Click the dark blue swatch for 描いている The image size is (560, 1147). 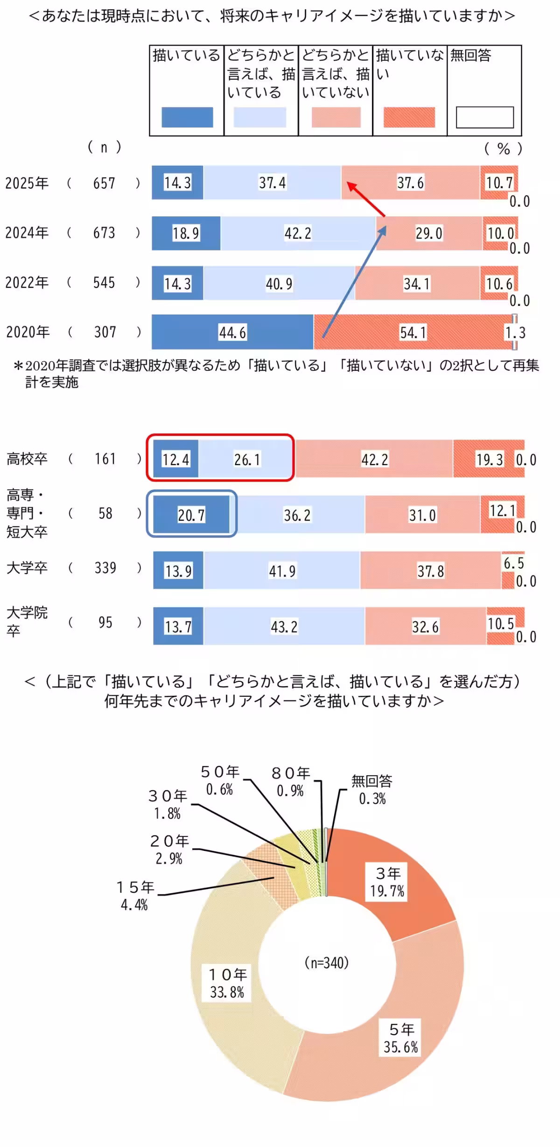coord(187,117)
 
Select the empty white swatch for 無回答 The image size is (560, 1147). coord(484,117)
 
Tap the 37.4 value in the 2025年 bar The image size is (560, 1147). coord(272,183)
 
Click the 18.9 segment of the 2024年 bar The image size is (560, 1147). coord(186,233)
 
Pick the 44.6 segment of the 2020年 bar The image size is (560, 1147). coord(232,333)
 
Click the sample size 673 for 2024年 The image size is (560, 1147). coord(104,233)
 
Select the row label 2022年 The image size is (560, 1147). coord(27,283)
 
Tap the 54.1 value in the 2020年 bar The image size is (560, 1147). coord(413,333)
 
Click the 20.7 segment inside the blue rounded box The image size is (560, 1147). coord(191,515)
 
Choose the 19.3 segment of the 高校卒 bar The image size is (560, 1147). coord(489,460)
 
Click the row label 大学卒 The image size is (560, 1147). coord(27,568)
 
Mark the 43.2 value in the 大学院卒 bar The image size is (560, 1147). coord(284,627)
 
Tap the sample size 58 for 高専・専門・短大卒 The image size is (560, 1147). coord(105,514)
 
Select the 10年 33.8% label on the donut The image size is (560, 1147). coord(227,984)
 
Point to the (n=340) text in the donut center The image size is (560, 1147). coord(326,963)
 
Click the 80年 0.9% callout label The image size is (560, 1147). coord(290,782)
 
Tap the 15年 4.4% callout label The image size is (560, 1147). coord(135,896)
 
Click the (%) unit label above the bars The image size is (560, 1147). coord(503,149)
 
